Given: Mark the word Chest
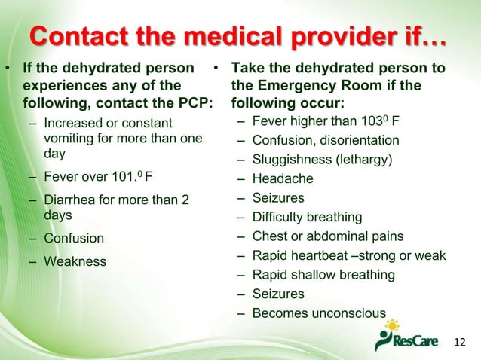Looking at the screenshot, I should tap(270, 237).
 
